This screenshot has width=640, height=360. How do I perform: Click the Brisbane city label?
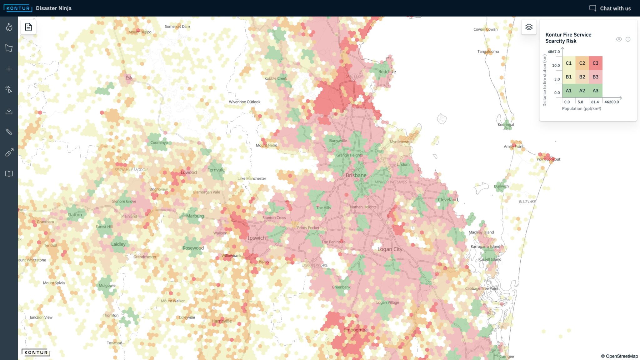(356, 175)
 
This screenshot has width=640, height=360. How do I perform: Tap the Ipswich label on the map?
(257, 238)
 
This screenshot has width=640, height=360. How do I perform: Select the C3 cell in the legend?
(595, 63)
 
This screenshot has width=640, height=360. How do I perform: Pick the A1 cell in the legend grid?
(568, 91)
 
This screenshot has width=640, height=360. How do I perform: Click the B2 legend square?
(582, 77)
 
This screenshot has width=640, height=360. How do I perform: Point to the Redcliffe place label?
(387, 72)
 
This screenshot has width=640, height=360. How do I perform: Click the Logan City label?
(390, 249)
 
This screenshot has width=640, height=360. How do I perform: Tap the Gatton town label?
(75, 215)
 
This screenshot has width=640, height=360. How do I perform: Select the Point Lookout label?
(548, 159)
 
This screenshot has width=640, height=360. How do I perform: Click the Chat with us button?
(610, 8)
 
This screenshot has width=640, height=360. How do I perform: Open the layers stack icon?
(529, 27)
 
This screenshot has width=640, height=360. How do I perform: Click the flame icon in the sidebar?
(9, 27)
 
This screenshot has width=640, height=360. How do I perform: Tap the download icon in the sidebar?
(9, 111)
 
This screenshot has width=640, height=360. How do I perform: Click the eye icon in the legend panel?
(619, 39)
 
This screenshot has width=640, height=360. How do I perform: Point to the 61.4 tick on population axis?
(595, 102)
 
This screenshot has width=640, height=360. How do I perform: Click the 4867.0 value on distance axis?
(553, 52)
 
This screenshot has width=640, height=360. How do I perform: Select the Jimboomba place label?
(356, 330)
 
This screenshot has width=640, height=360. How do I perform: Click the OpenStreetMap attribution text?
(619, 356)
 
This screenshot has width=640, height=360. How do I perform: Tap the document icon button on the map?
(28, 27)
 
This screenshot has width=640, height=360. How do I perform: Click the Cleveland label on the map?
(447, 199)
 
